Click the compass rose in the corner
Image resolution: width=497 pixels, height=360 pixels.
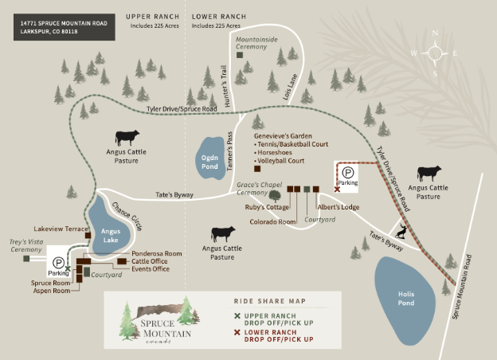pyautogui.click(x=435, y=53)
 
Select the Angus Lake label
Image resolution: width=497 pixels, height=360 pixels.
pyautogui.click(x=111, y=235)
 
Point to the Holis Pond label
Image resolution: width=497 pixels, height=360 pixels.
pyautogui.click(x=406, y=298)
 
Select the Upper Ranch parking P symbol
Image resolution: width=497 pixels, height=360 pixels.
pyautogui.click(x=58, y=261)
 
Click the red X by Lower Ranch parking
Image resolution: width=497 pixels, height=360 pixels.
pyautogui.click(x=338, y=190)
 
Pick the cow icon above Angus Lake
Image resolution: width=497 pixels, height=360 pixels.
pyautogui.click(x=127, y=138)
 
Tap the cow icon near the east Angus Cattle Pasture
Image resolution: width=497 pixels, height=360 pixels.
pyautogui.click(x=429, y=173)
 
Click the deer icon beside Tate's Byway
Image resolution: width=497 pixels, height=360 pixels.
pyautogui.click(x=405, y=232)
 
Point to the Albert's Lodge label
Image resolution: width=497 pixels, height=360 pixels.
pyautogui.click(x=339, y=207)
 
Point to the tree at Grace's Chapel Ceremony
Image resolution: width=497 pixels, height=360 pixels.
pyautogui.click(x=275, y=194)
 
